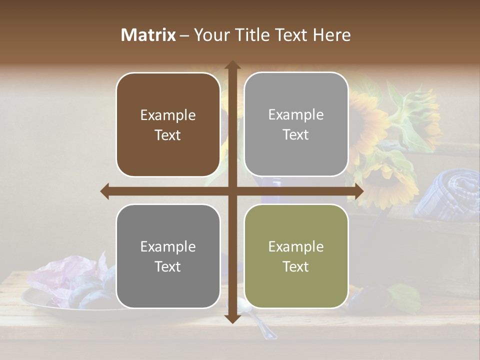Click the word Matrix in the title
[x=148, y=35]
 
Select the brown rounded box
[x=168, y=124]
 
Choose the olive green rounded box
[x=296, y=256]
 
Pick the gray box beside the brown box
[x=296, y=124]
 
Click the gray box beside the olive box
[x=168, y=256]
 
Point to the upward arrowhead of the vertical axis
[x=232, y=65]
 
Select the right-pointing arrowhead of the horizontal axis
[x=358, y=191]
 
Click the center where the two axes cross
[x=232, y=191]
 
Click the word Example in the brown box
[x=168, y=115]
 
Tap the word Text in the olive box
[x=296, y=266]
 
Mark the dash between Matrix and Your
[x=184, y=35]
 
